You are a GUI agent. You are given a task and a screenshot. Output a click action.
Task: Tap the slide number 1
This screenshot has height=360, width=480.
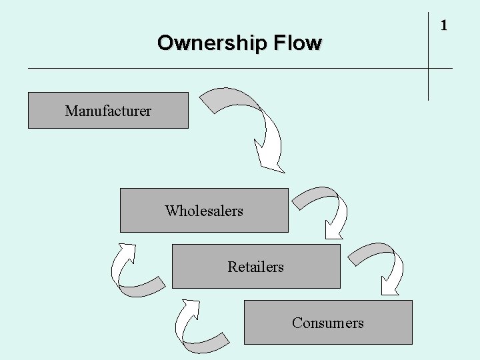[x=443, y=26]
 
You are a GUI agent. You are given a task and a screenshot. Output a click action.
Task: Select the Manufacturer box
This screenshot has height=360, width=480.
[x=108, y=111]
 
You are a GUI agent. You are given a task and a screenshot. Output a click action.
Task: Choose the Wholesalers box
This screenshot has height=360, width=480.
[x=204, y=211]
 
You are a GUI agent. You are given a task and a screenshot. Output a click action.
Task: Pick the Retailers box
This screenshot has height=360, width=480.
[x=255, y=267]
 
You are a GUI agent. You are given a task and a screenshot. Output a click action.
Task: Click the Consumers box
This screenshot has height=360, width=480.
[x=328, y=323]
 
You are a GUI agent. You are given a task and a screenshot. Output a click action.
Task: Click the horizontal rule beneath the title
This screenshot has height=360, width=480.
[x=200, y=68]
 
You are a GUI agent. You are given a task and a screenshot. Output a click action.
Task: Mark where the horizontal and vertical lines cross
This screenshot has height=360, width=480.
[x=428, y=68]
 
